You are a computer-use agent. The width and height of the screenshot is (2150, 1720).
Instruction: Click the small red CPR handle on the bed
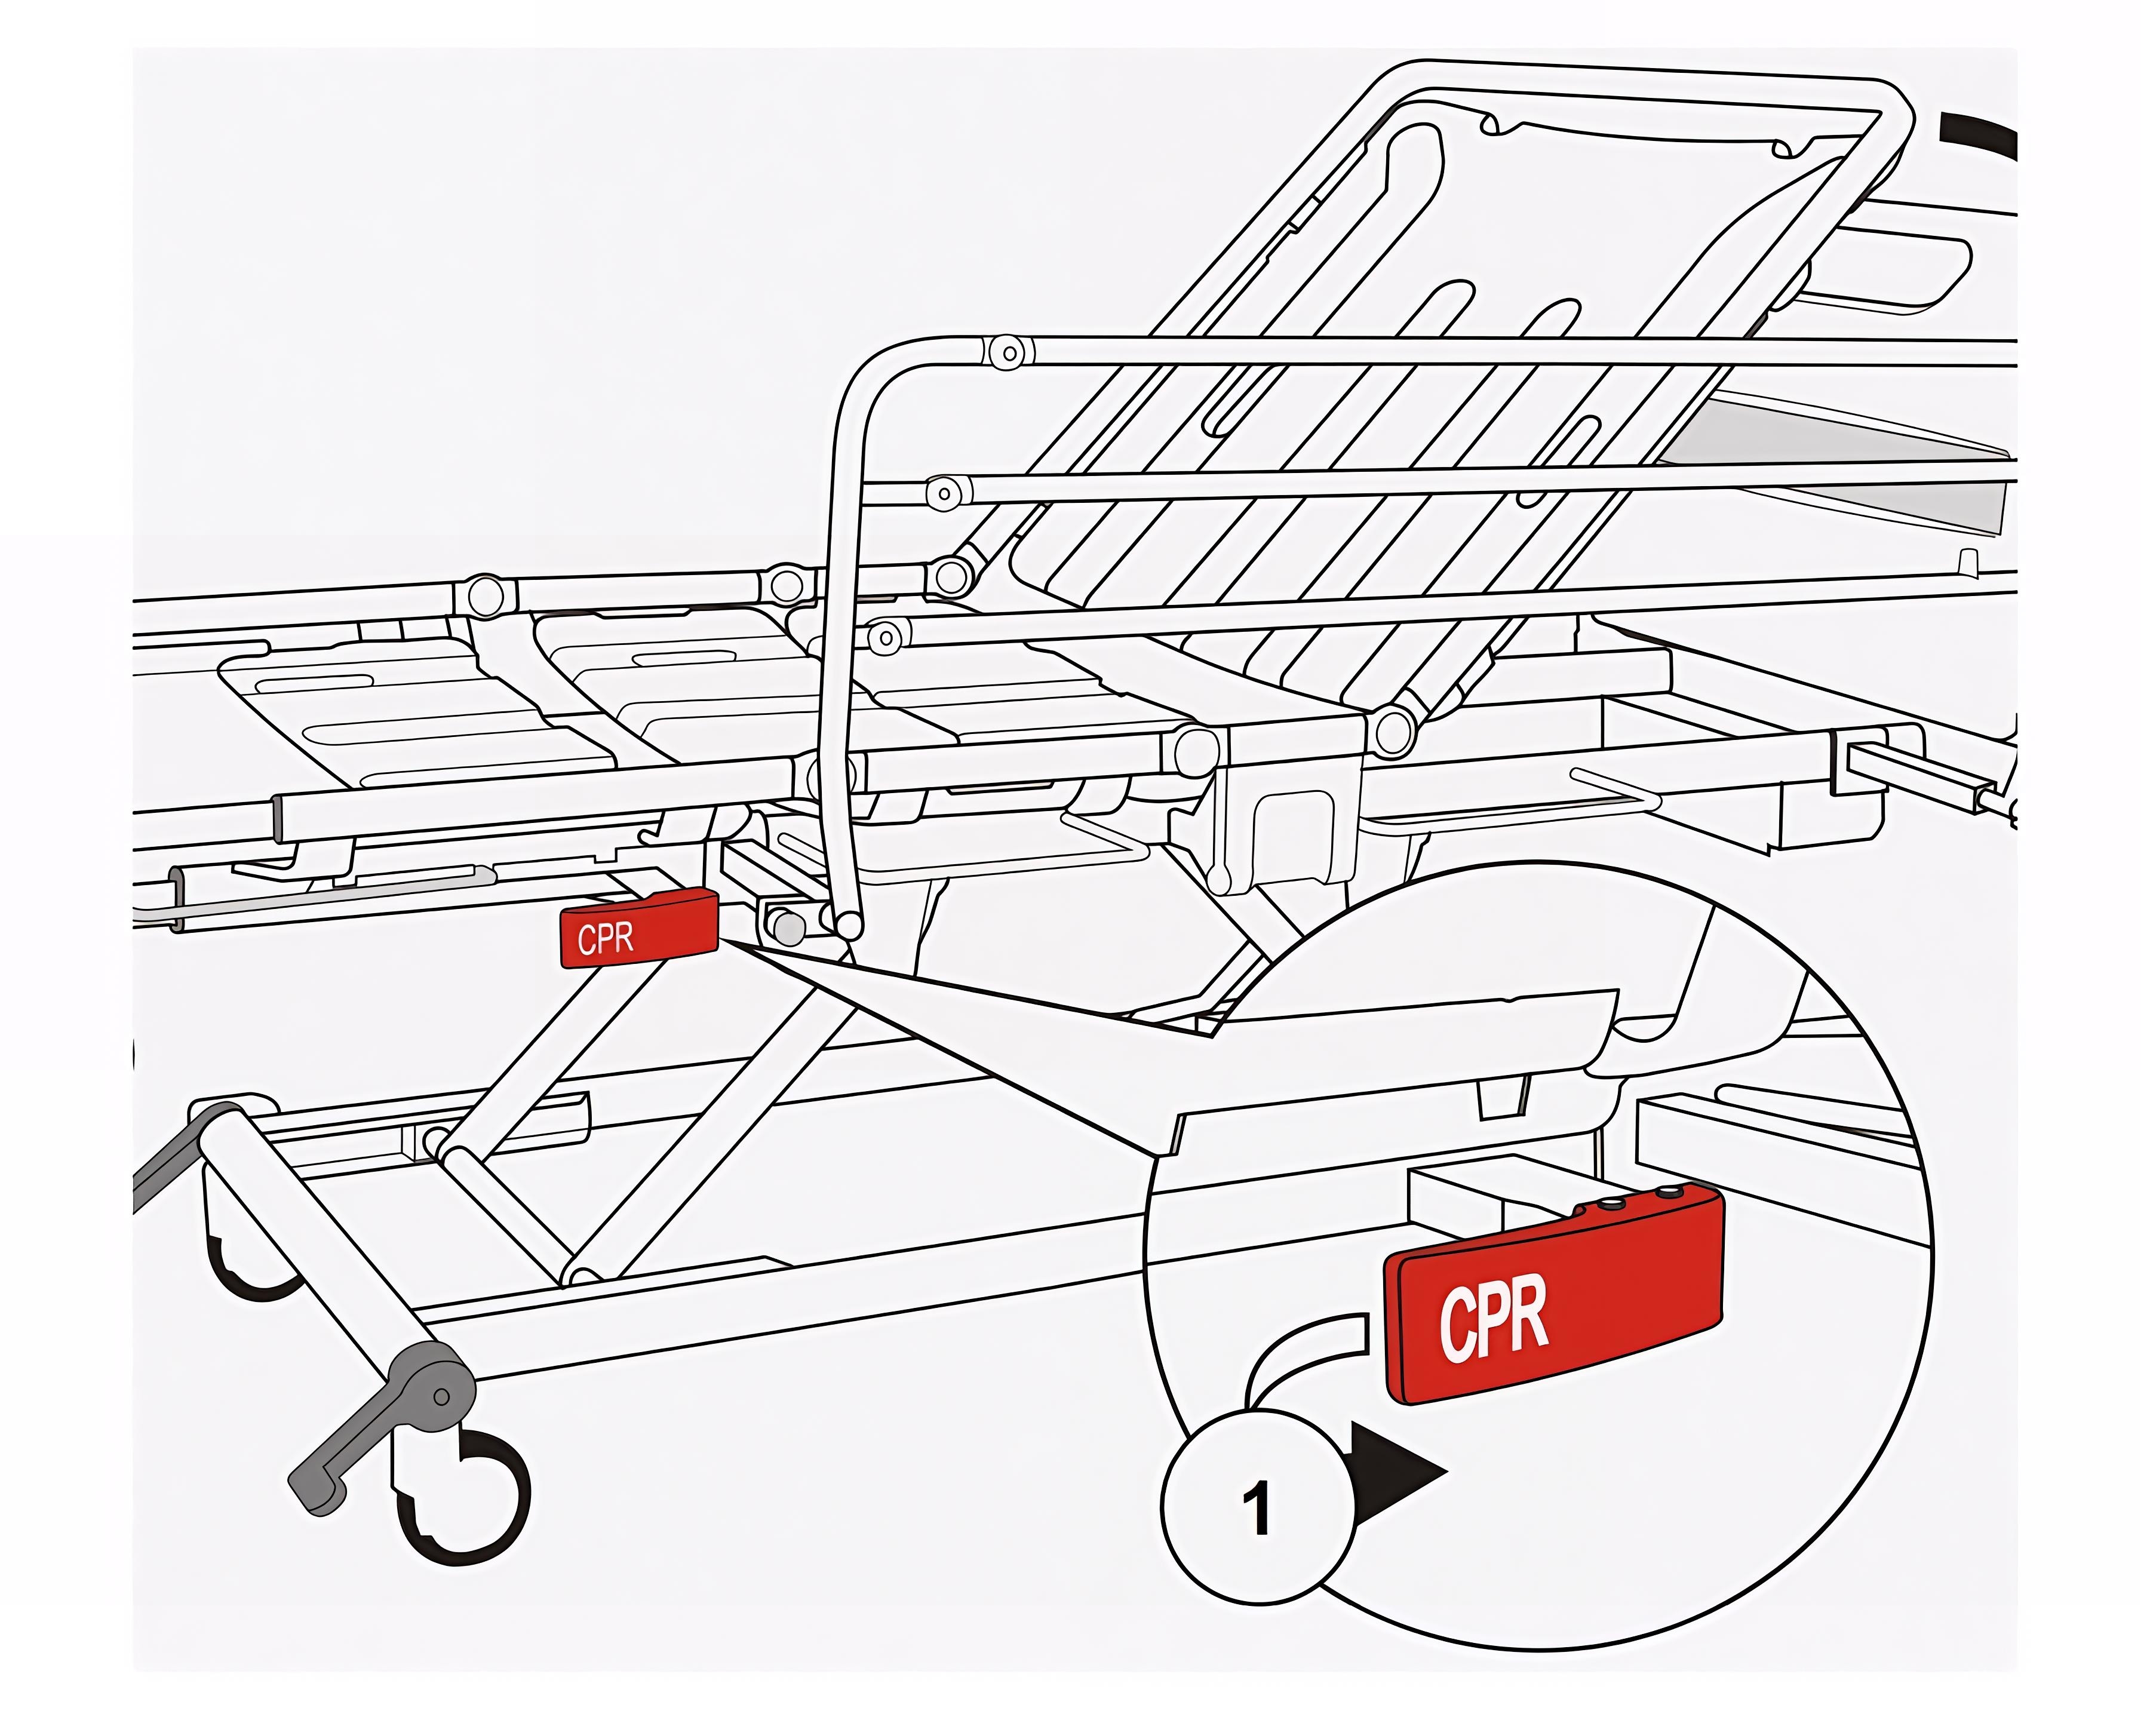[639, 928]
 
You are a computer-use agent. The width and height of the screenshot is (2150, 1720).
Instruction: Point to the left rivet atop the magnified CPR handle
[1608, 1203]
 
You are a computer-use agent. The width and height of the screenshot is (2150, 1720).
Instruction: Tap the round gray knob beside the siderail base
[788, 928]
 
